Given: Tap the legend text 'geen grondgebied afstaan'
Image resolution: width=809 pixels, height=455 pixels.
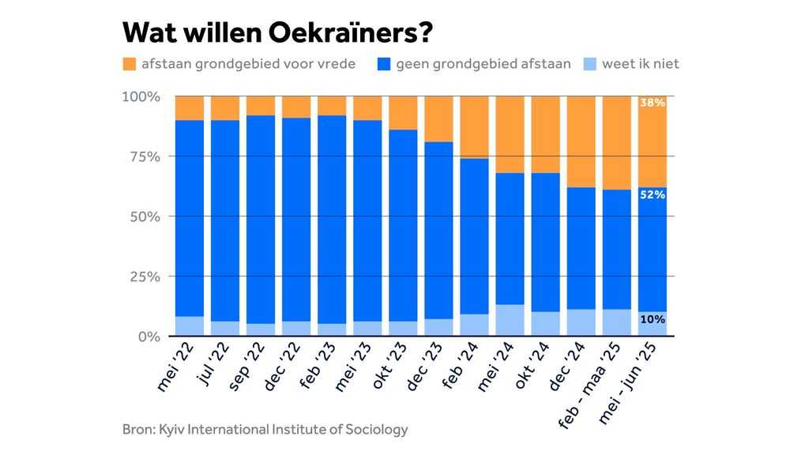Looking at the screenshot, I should tap(484, 63).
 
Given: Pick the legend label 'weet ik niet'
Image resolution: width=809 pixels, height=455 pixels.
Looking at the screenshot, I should tap(640, 63).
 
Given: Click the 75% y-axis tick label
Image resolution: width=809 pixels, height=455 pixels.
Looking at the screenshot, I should tap(145, 156).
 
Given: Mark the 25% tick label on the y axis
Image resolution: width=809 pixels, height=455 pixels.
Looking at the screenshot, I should tap(145, 276).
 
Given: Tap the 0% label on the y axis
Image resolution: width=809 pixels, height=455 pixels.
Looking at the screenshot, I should tap(149, 337).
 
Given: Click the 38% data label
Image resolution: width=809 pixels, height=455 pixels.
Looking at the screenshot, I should tap(653, 103).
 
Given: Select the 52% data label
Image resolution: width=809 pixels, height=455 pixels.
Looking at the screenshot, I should tap(653, 194).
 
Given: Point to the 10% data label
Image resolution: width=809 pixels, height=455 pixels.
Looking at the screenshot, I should tap(653, 320).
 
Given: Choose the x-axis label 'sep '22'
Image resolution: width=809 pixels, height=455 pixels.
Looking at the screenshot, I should tap(247, 367).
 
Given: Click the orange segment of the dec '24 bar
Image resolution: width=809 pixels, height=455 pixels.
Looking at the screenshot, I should tap(581, 141).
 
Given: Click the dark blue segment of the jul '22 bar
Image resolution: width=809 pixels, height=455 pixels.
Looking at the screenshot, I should tap(225, 220).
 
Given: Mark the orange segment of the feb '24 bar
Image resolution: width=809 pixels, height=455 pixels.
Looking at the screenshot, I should tap(474, 127).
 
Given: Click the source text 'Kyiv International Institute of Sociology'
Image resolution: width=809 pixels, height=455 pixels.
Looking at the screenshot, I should tap(284, 430).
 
